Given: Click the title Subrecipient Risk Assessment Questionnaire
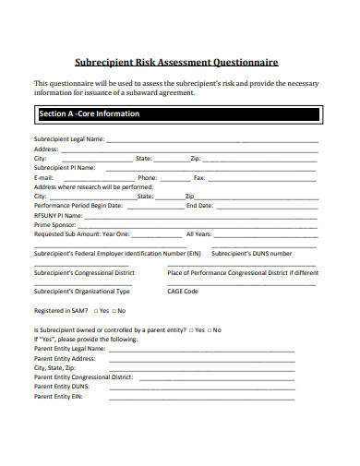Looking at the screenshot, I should (x=181, y=63).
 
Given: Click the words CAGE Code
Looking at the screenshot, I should (x=183, y=292).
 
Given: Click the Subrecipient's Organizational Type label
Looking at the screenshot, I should (x=81, y=292).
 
